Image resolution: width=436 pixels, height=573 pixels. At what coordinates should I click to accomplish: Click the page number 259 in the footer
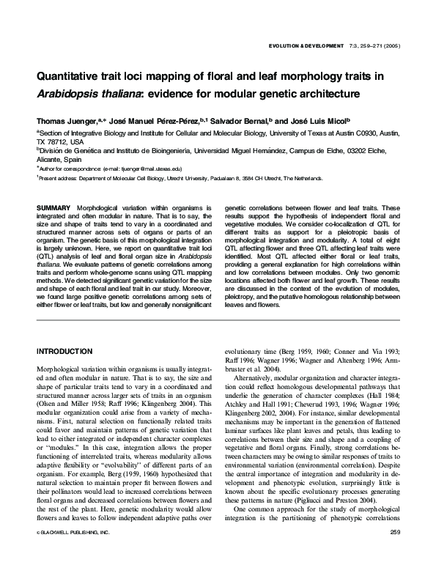coord(394,551)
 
